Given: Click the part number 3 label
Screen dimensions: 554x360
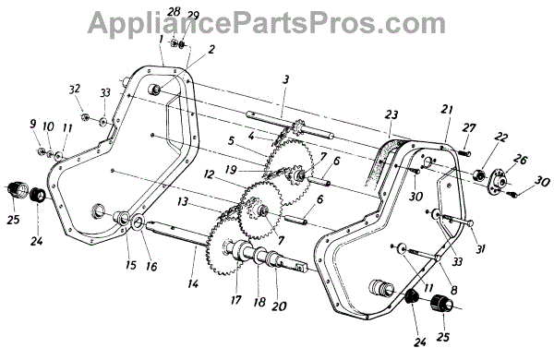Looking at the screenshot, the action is [x=285, y=79].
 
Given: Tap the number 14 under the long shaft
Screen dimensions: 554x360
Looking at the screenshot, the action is [x=193, y=283].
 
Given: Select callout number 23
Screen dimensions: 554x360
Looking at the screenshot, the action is [x=391, y=114].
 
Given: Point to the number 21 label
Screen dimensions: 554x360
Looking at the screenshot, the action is [x=446, y=110].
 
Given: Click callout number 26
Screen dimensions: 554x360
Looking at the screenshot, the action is [x=520, y=160].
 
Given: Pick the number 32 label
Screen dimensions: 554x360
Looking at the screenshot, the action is [x=74, y=89].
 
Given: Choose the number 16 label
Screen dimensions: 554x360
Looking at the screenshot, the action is [x=151, y=266].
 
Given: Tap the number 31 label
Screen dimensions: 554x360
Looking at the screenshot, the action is [x=479, y=249].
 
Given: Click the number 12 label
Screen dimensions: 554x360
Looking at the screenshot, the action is [x=209, y=174].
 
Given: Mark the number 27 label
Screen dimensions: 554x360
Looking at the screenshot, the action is [x=468, y=128].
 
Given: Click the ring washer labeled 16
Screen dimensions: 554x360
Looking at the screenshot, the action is [x=138, y=222].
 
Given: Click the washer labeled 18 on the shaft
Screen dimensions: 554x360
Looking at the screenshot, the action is [x=260, y=254].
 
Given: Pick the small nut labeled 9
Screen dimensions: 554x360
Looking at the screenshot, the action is [x=41, y=151].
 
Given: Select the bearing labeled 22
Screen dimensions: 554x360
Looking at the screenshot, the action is [x=479, y=174].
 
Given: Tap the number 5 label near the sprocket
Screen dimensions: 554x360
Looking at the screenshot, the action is [x=231, y=141].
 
